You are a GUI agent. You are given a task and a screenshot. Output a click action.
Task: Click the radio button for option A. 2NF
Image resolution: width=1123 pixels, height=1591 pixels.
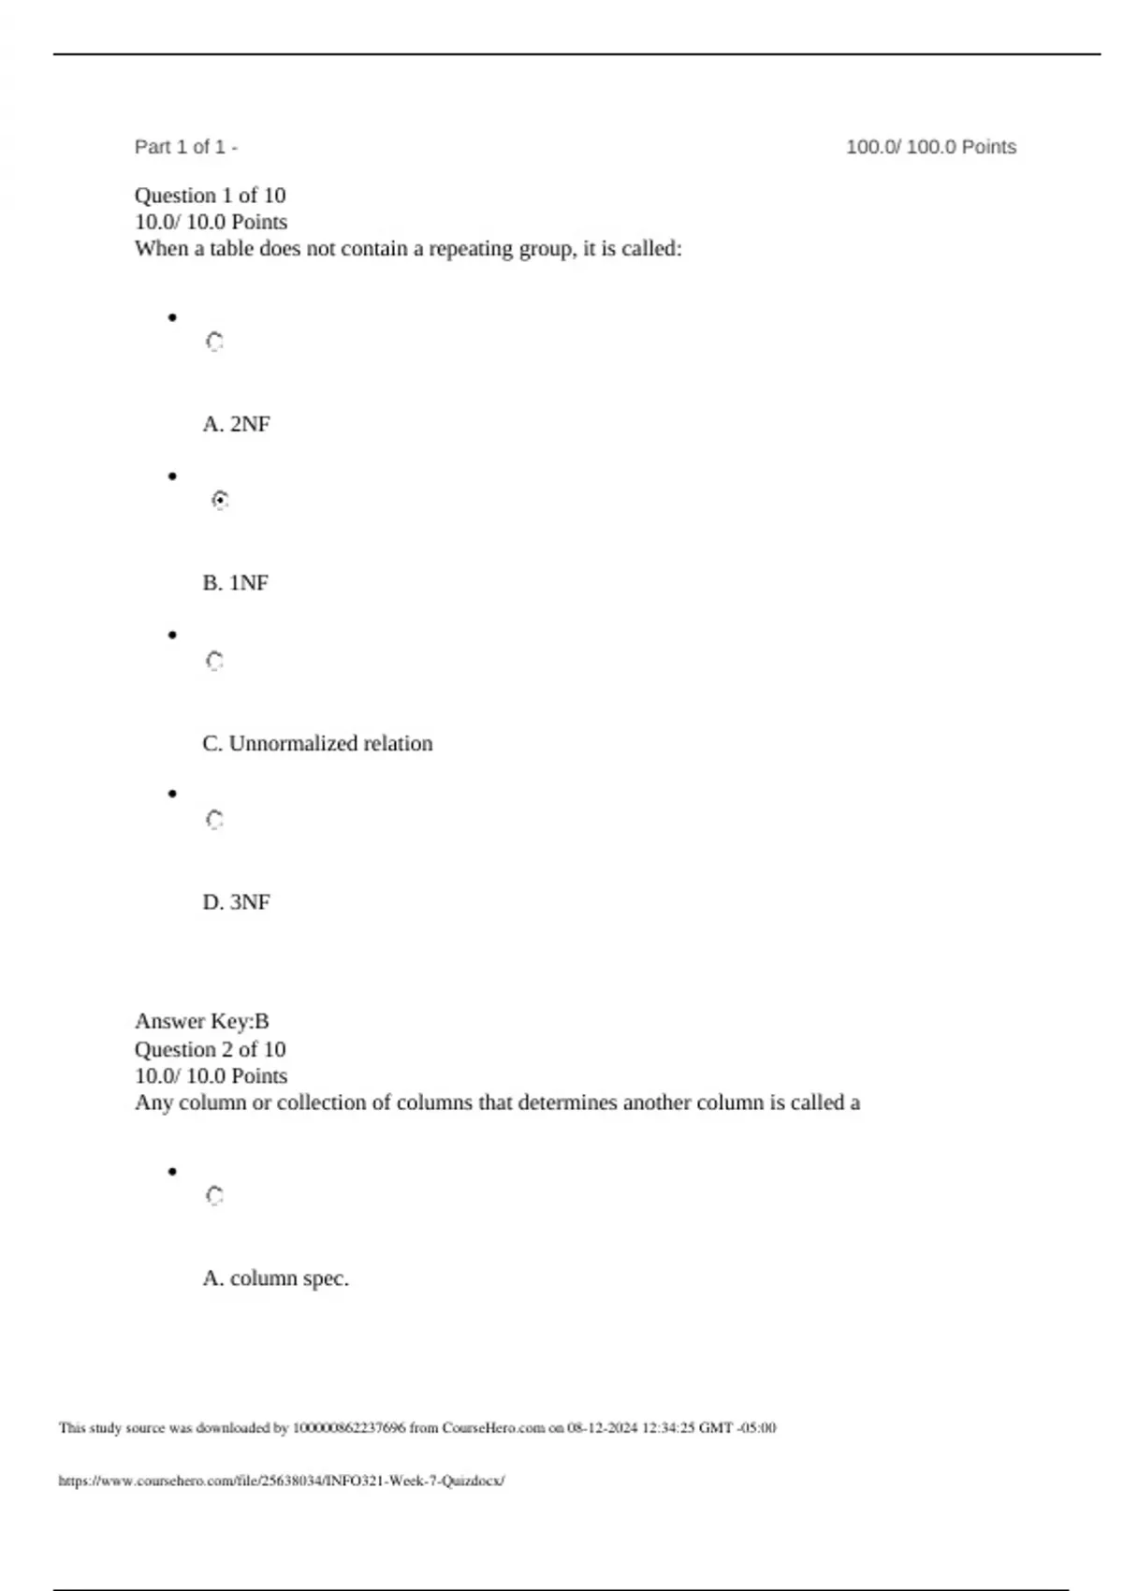(x=214, y=342)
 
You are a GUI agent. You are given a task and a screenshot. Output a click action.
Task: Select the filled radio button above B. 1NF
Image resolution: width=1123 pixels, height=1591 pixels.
(x=220, y=500)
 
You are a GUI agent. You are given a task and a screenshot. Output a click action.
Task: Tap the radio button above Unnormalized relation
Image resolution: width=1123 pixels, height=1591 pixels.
(x=214, y=662)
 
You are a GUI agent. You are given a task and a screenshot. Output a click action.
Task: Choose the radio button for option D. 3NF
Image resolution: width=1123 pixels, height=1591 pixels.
(x=214, y=820)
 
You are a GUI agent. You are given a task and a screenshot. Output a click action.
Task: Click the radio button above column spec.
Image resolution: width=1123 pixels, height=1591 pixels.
(x=214, y=1196)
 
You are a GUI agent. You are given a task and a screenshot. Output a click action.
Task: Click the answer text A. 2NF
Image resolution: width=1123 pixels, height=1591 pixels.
(x=236, y=424)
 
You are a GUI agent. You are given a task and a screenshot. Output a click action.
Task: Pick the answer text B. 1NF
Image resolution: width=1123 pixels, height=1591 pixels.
(x=235, y=583)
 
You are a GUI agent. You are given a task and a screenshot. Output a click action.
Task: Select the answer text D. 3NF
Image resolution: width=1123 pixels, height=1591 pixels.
(x=236, y=902)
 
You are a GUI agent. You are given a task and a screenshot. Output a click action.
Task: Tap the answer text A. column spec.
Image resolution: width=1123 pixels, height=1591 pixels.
(x=275, y=1278)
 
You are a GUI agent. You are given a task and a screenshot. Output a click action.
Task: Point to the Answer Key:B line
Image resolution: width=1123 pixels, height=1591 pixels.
(x=201, y=1021)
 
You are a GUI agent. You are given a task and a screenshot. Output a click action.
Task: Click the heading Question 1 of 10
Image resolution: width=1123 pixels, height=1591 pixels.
(x=210, y=196)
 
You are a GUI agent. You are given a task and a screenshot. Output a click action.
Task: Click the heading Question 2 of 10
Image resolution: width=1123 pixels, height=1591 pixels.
(x=210, y=1049)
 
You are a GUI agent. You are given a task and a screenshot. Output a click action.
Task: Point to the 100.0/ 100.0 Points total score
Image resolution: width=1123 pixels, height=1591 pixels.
(x=930, y=147)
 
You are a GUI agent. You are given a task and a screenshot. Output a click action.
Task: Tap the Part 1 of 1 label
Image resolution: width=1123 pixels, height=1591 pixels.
(x=185, y=147)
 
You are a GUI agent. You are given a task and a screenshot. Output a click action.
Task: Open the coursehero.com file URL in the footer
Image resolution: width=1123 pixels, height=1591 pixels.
(x=281, y=1481)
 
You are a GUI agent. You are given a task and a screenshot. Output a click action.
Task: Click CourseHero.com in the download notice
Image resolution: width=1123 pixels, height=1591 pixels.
(x=493, y=1428)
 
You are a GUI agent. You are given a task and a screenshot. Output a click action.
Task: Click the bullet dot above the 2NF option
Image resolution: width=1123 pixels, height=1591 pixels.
(x=172, y=318)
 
